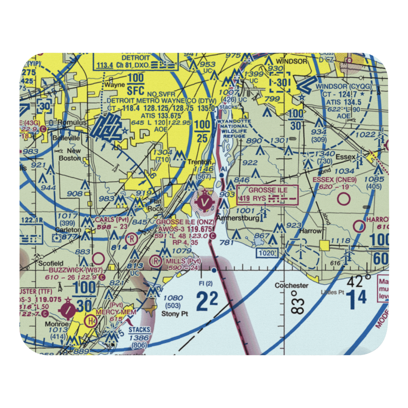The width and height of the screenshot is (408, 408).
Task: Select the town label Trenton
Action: pyautogui.click(x=199, y=162)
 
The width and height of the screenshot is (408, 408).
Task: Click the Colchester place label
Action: pyautogui.click(x=291, y=285)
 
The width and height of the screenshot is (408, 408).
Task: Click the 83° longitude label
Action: pyautogui.click(x=298, y=303)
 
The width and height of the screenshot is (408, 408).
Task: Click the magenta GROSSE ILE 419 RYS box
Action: pyautogui.click(x=268, y=194)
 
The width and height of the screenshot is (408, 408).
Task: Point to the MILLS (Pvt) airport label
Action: pyautogui.click(x=183, y=261)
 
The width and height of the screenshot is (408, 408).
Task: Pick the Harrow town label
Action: pyautogui.click(x=310, y=231)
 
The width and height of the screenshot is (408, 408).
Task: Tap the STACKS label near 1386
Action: pyautogui.click(x=139, y=330)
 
